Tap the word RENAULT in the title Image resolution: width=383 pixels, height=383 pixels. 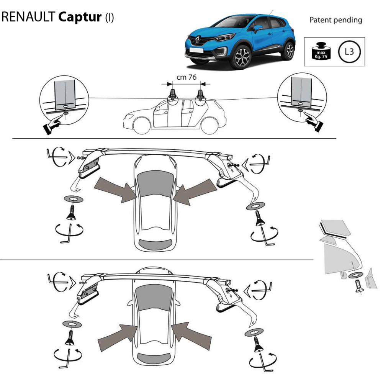coord(29,18)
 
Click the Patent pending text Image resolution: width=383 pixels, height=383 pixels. coord(336,20)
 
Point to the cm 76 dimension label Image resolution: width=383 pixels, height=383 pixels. coord(187,77)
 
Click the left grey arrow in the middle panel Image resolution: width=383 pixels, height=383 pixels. coord(115,188)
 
